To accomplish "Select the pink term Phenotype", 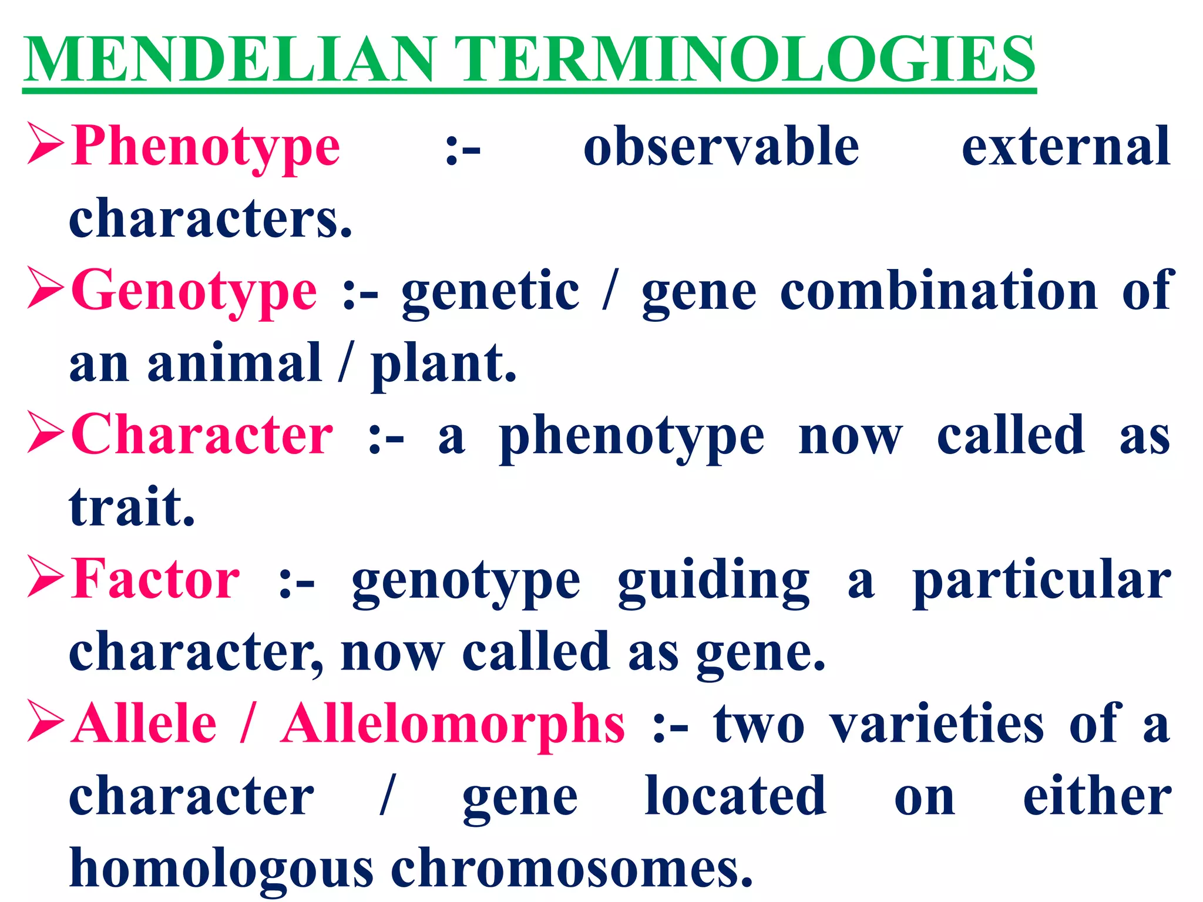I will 205,147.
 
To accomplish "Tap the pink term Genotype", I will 194,291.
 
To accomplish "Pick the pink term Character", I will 202,435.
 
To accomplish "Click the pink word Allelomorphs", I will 452,724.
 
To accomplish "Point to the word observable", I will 721,147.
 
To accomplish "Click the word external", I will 1066,147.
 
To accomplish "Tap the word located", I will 735,796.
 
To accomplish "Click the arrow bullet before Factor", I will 46,577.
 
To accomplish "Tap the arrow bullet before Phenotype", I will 46,144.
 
